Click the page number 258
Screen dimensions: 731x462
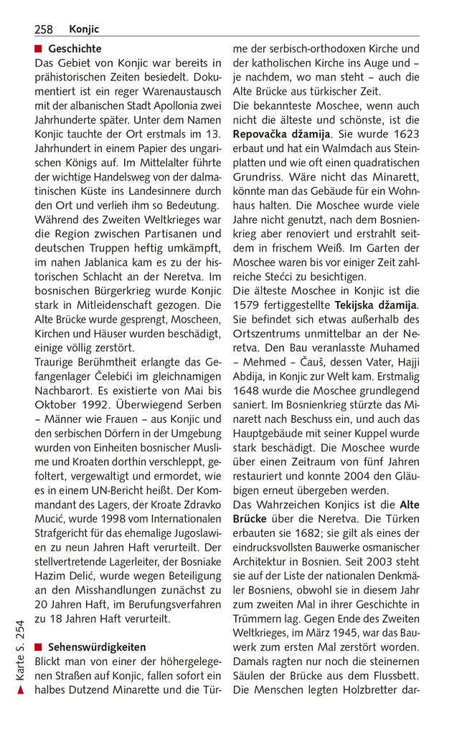[x=43, y=29]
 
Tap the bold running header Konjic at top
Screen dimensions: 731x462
[x=84, y=29]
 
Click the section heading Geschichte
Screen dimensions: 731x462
[x=75, y=49]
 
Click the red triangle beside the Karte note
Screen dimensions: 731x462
[x=21, y=690]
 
